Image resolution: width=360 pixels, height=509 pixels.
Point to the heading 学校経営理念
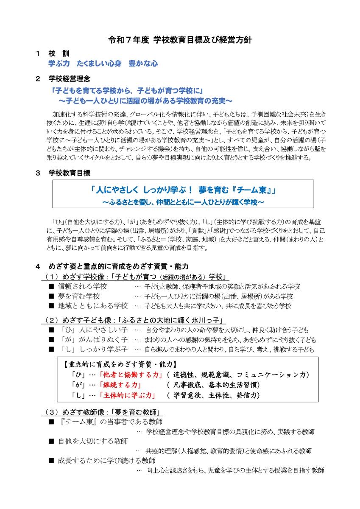(69, 79)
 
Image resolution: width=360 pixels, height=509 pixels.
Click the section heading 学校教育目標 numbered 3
(69, 173)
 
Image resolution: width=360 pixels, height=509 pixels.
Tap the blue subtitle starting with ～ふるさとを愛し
(183, 202)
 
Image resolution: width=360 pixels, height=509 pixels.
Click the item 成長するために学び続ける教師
(106, 460)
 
